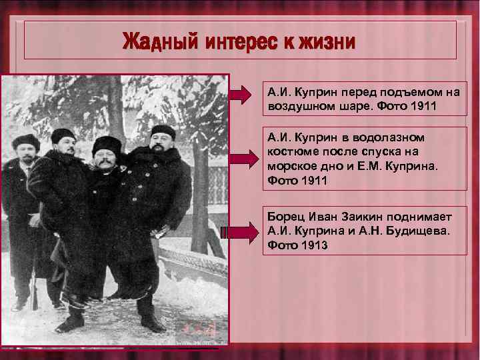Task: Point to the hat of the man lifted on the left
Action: [x=63, y=133]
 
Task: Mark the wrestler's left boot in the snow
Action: [x=150, y=322]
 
